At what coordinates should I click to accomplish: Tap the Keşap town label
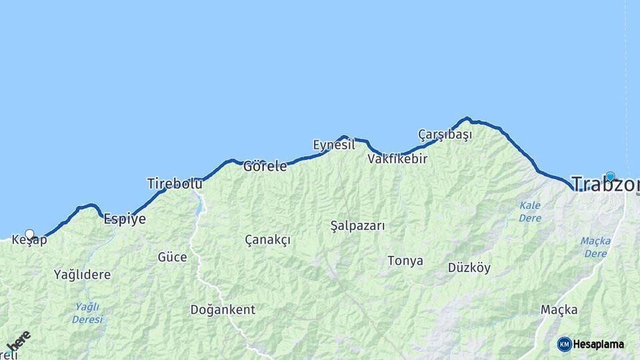(30, 240)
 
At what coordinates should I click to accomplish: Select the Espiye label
(125, 219)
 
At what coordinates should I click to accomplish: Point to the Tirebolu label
(175, 183)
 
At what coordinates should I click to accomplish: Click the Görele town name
(265, 166)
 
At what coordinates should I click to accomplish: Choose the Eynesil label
(334, 145)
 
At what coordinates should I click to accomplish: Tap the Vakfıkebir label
(397, 159)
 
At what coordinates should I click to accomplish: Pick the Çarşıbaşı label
(445, 135)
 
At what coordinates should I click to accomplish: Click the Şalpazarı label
(358, 225)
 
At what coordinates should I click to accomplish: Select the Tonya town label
(405, 261)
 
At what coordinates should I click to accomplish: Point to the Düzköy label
(469, 268)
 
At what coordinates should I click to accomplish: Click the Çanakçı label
(267, 239)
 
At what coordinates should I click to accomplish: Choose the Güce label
(172, 257)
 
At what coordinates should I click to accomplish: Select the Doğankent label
(223, 309)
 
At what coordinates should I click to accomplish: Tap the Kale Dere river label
(530, 211)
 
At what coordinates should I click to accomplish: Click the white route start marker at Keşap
(29, 234)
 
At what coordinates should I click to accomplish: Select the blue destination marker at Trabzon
(610, 176)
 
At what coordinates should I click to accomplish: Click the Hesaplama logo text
(599, 345)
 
